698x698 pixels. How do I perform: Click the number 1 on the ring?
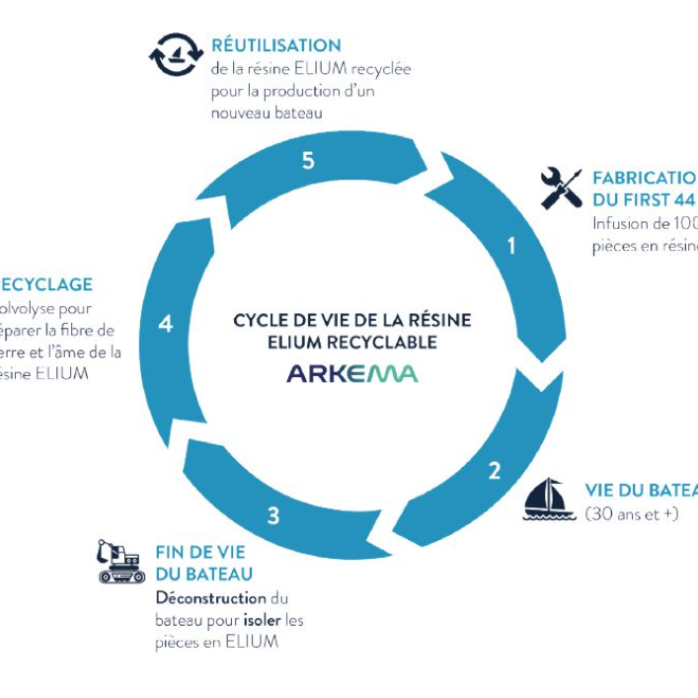(x=510, y=246)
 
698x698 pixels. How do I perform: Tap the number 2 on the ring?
(x=494, y=470)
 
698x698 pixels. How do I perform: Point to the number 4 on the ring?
(x=165, y=323)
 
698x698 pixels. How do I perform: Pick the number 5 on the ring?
(x=308, y=161)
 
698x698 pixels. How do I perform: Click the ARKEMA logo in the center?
(x=352, y=373)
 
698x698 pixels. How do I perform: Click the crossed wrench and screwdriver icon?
(x=561, y=188)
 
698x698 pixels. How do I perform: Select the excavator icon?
(x=120, y=561)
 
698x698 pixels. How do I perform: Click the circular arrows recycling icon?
(x=176, y=54)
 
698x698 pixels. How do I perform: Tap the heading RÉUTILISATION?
(x=276, y=45)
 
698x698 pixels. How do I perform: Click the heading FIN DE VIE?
(x=200, y=554)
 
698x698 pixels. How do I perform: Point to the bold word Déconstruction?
(x=211, y=598)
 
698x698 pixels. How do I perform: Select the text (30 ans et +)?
(x=632, y=514)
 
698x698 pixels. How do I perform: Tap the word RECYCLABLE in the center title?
(x=391, y=343)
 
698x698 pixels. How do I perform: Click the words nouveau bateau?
(x=268, y=113)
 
